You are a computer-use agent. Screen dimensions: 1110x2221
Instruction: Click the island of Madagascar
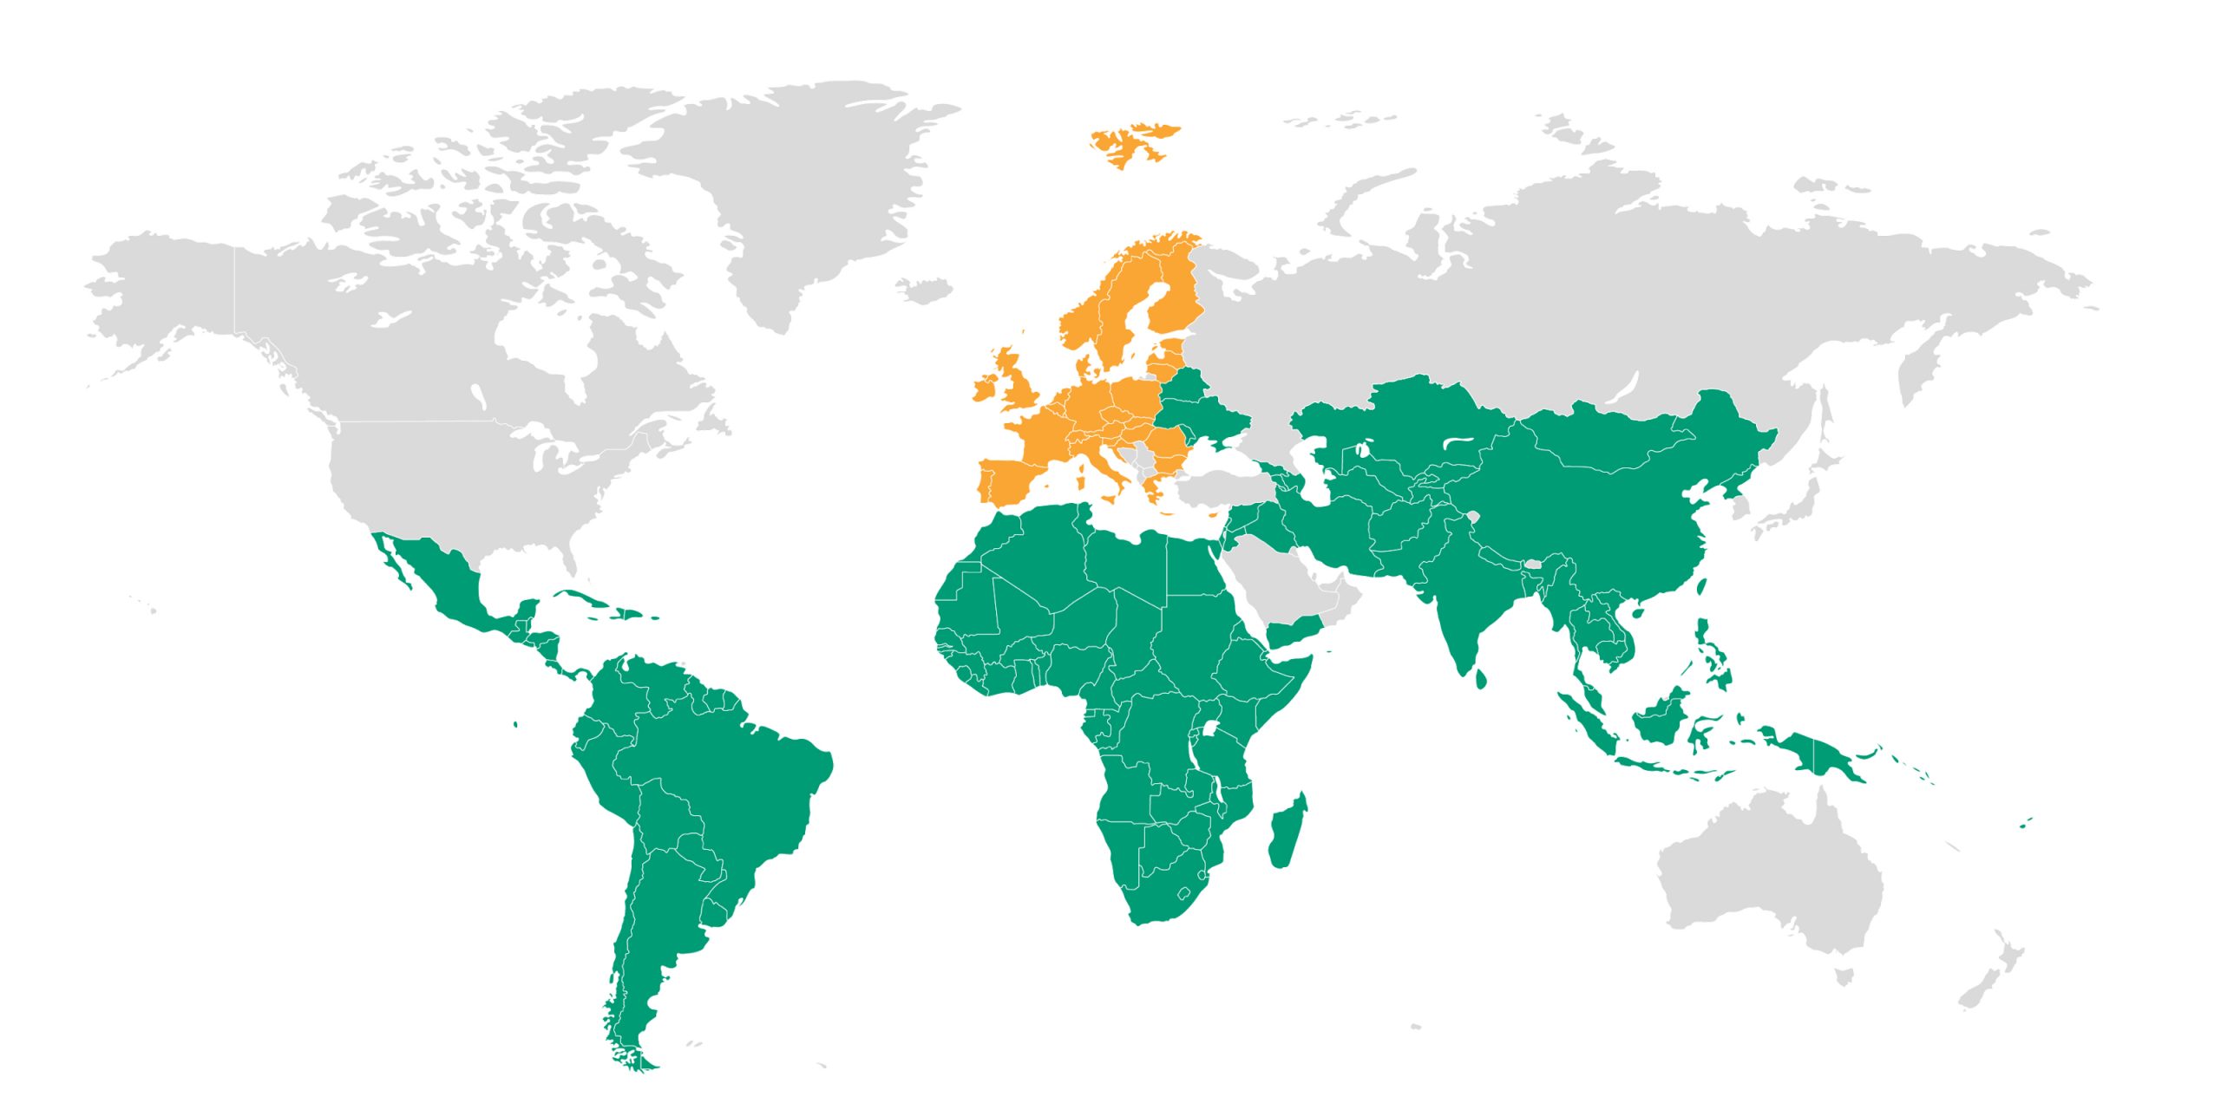(x=1287, y=832)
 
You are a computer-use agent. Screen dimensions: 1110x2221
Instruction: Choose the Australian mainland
(x=1770, y=876)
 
